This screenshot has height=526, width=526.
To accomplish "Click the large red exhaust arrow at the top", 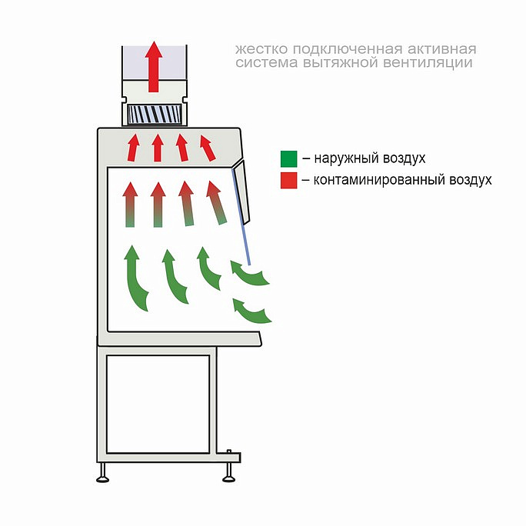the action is pyautogui.click(x=154, y=67).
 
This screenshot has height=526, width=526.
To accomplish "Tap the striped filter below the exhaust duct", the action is pyautogui.click(x=155, y=114).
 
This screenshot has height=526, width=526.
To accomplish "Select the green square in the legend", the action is pyautogui.click(x=289, y=158).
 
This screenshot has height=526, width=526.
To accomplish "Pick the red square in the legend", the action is pyautogui.click(x=289, y=180).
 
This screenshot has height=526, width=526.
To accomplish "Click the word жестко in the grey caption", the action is pyautogui.click(x=261, y=49).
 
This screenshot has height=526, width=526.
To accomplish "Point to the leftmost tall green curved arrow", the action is pyautogui.click(x=135, y=278).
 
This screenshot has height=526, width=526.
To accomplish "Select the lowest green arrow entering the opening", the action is pyautogui.click(x=251, y=311).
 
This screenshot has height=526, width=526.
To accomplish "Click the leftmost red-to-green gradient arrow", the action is pyautogui.click(x=130, y=205).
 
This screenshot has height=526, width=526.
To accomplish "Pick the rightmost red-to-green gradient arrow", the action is pyautogui.click(x=216, y=202).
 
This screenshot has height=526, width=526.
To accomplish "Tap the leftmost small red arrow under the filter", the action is pyautogui.click(x=133, y=148).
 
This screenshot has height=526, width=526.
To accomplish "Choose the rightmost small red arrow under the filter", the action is pyautogui.click(x=208, y=148).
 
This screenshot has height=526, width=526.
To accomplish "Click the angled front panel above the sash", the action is pyautogui.click(x=241, y=192).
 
